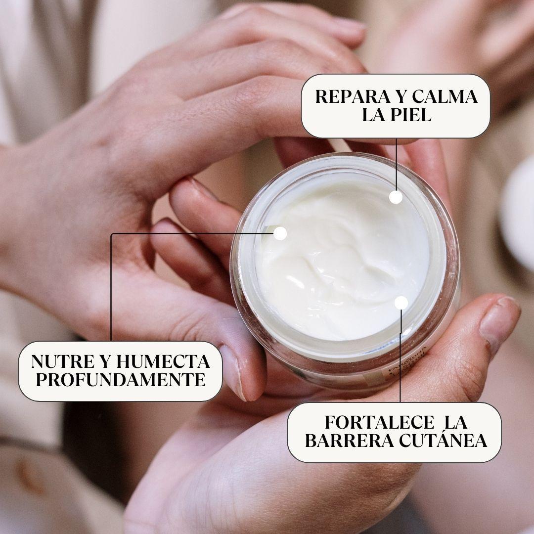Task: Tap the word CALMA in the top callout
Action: click(444, 96)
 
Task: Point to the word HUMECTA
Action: click(163, 361)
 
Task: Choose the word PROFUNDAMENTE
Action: click(120, 380)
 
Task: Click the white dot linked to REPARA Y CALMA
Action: click(396, 197)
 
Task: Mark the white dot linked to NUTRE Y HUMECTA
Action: click(280, 233)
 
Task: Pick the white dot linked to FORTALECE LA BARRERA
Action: click(401, 303)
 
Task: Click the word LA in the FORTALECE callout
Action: click(456, 423)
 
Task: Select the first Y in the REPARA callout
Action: click(396, 96)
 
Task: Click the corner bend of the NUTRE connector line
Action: click(112, 234)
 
